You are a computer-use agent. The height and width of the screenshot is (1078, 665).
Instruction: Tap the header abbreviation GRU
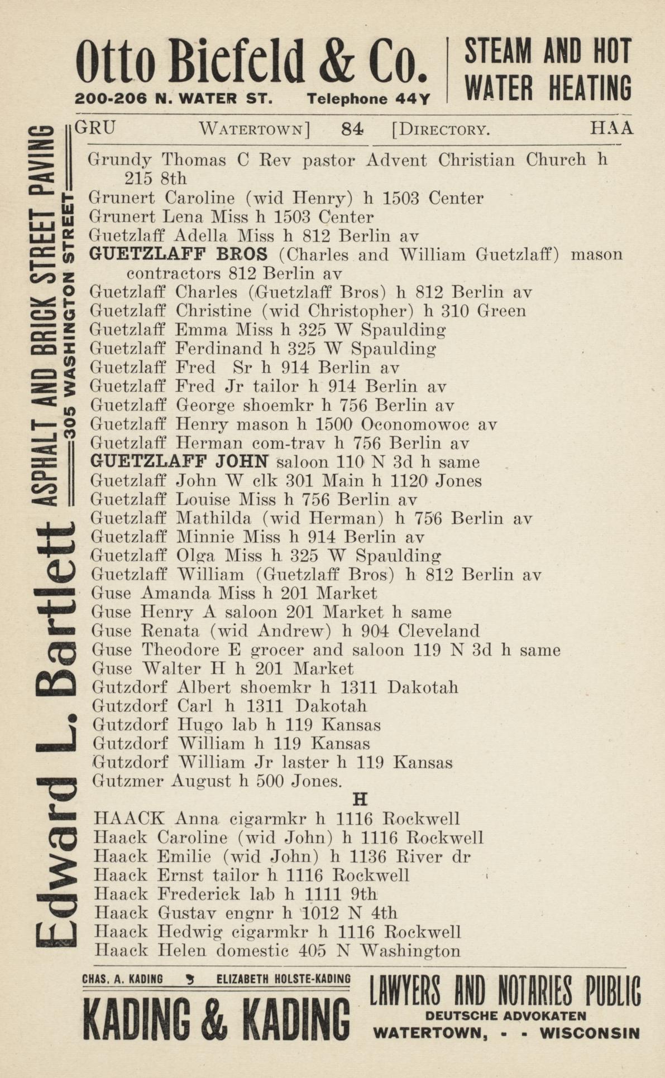click(95, 128)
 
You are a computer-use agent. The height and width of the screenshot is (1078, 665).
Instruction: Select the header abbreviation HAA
click(611, 129)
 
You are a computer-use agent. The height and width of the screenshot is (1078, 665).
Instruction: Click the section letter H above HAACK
click(360, 800)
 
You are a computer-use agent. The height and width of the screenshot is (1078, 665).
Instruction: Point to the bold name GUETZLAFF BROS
click(178, 254)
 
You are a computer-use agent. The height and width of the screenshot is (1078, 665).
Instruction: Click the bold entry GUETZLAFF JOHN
click(180, 461)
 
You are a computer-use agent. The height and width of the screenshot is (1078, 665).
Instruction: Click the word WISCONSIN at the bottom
click(589, 1033)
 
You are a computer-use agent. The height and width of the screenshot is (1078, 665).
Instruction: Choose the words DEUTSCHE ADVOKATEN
click(505, 1016)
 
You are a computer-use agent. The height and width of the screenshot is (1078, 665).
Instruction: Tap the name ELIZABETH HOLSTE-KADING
click(284, 979)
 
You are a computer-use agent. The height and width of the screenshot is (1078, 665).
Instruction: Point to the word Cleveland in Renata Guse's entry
click(439, 631)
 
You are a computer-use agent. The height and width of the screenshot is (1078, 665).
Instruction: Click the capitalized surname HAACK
click(130, 819)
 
